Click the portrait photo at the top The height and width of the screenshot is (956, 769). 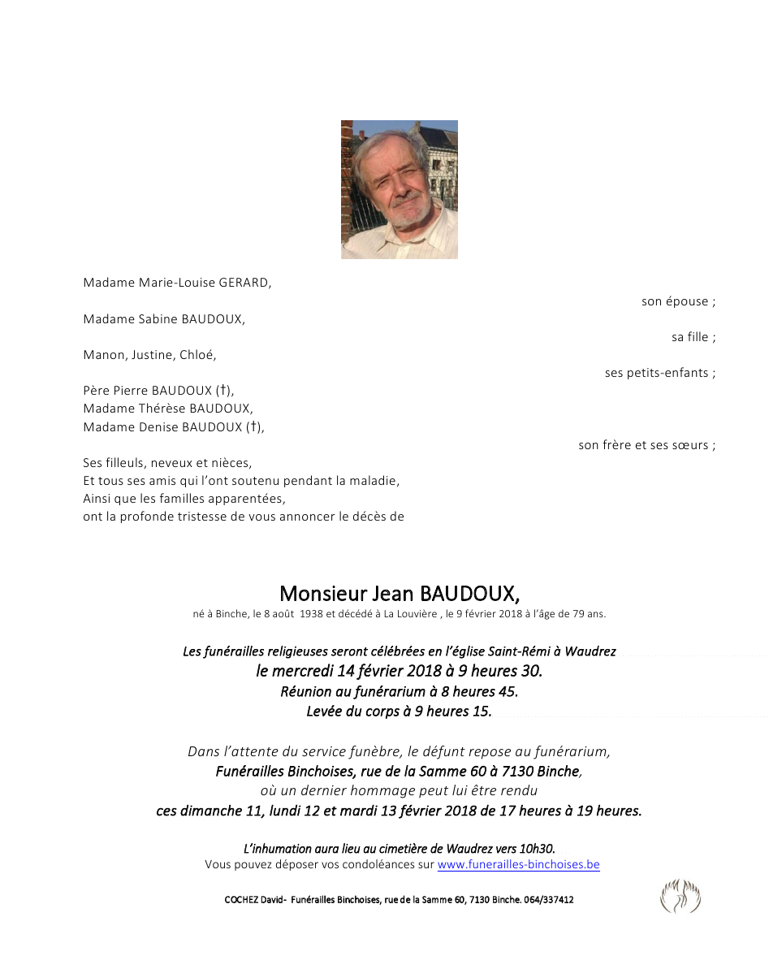click(399, 189)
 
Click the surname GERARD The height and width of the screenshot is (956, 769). click(244, 283)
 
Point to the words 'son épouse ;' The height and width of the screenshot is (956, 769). click(678, 301)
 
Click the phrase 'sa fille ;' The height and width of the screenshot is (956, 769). click(693, 337)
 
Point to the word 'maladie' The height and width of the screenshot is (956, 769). click(374, 481)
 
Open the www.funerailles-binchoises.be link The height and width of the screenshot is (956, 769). click(518, 865)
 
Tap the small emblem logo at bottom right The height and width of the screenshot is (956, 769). click(680, 897)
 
